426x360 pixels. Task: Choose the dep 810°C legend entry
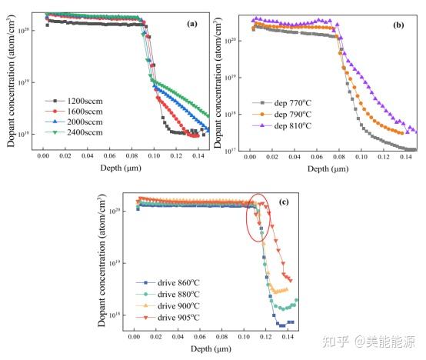280,125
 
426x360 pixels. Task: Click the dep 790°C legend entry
280,114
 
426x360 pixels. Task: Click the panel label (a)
192,24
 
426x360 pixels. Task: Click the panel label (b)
398,25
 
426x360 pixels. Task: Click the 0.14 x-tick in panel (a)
191,155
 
